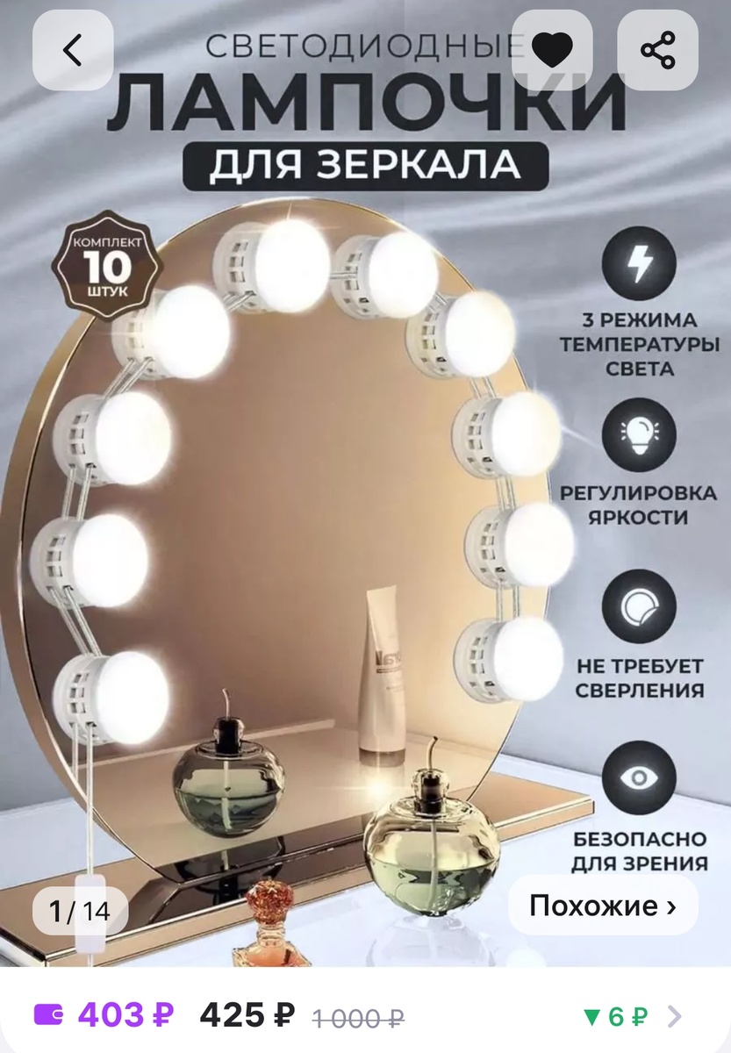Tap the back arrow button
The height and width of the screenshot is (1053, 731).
[73, 49]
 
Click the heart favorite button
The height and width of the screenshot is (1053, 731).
[552, 49]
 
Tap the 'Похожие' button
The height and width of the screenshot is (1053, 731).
[603, 905]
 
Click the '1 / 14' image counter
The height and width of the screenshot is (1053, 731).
[80, 911]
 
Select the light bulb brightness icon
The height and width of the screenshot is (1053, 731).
[640, 432]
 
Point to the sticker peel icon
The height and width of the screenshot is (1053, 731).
[640, 605]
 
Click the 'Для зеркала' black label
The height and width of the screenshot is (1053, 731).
[365, 166]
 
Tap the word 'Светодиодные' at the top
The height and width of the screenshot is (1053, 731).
[364, 46]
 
